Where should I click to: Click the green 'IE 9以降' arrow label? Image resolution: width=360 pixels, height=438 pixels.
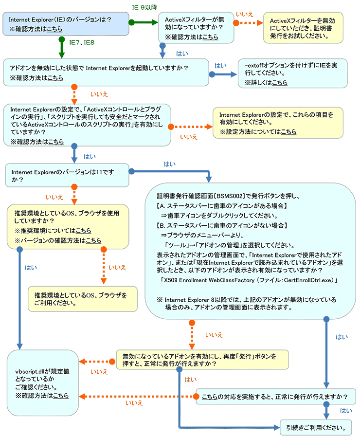144,7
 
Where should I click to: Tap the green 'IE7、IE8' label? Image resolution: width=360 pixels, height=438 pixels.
82,42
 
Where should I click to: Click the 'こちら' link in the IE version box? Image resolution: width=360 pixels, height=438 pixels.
54,29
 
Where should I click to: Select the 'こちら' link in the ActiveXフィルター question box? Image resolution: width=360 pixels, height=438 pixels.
210,37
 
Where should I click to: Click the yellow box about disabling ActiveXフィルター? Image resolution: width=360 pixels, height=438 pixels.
303,28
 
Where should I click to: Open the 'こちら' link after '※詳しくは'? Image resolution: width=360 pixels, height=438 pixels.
280,82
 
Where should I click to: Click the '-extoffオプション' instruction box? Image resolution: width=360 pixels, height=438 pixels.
292,73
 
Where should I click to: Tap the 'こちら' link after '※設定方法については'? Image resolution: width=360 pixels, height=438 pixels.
288,131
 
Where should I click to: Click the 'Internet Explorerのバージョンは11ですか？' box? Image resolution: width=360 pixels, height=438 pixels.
67,175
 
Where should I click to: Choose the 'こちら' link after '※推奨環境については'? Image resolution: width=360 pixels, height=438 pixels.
84,231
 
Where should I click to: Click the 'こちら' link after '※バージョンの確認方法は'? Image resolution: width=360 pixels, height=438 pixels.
93,240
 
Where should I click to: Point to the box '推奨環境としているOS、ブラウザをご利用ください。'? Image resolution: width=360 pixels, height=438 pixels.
83,299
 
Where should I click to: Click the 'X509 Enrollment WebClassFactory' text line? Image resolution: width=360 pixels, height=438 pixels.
249,280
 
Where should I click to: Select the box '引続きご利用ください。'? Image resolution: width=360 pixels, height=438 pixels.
316,428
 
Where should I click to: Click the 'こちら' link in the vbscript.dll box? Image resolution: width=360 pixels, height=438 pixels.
61,396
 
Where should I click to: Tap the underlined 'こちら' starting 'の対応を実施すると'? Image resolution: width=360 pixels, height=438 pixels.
210,397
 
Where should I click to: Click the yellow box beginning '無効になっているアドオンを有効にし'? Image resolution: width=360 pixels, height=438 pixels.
202,360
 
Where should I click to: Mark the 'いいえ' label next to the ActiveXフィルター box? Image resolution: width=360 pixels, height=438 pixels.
244,14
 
